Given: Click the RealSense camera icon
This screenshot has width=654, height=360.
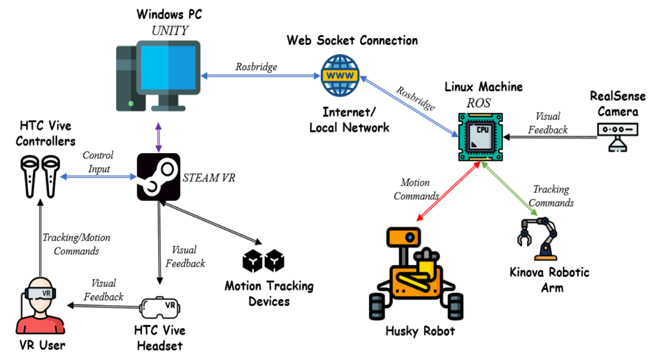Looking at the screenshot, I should pos(618,135).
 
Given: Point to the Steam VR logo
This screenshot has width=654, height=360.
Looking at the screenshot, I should pos(158,176).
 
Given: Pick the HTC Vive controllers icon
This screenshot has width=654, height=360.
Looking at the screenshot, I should pos(41,176).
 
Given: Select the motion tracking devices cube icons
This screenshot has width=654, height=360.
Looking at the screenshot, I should pos(263,260).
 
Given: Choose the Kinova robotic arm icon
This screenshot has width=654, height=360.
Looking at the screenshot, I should pos(540,238).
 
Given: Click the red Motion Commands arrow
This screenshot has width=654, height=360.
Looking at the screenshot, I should pos(447,193).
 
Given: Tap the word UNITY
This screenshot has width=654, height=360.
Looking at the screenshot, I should pos(169,30).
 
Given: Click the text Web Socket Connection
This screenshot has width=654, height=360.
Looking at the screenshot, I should pos(352,41).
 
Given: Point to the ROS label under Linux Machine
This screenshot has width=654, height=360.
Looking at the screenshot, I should pos(479,103).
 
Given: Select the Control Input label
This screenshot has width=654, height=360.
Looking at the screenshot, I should pos(98,162).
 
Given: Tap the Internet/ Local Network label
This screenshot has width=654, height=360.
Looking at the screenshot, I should pos(349,119).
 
